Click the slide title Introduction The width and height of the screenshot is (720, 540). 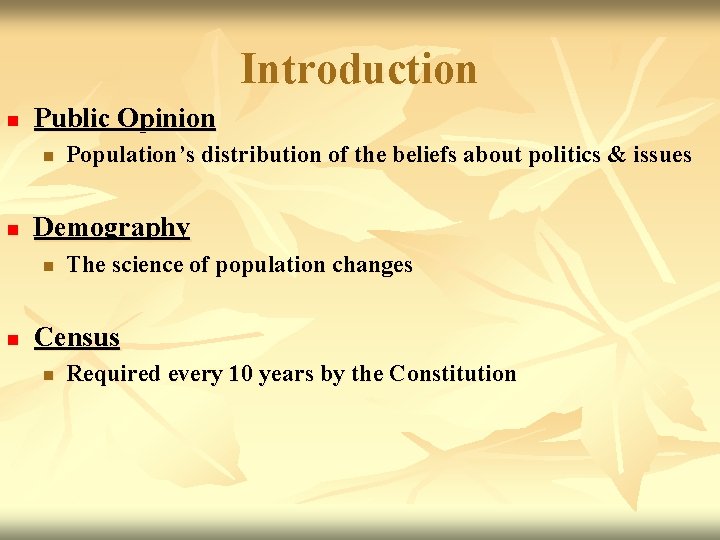(x=359, y=69)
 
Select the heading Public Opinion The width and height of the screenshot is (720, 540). (x=125, y=118)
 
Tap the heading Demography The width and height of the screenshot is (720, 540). (x=112, y=227)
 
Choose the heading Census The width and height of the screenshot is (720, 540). (x=77, y=337)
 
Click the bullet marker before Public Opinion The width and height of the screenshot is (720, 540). (x=12, y=120)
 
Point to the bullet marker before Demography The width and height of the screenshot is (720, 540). (x=12, y=230)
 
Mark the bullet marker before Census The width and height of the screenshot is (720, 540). (x=12, y=340)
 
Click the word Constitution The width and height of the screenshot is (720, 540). (x=453, y=374)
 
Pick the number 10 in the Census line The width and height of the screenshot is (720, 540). (x=240, y=374)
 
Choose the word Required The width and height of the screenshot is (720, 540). (x=113, y=374)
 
